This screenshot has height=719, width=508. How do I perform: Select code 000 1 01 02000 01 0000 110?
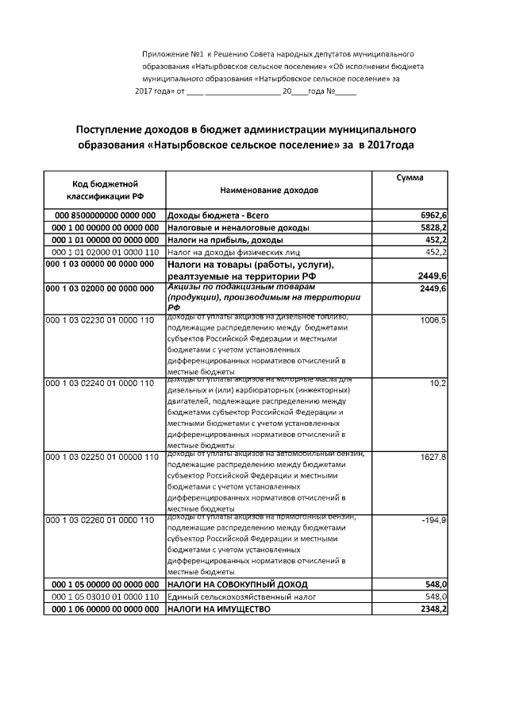point(101,252)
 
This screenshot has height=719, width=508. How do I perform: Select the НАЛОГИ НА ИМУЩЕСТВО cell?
point(218,609)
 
